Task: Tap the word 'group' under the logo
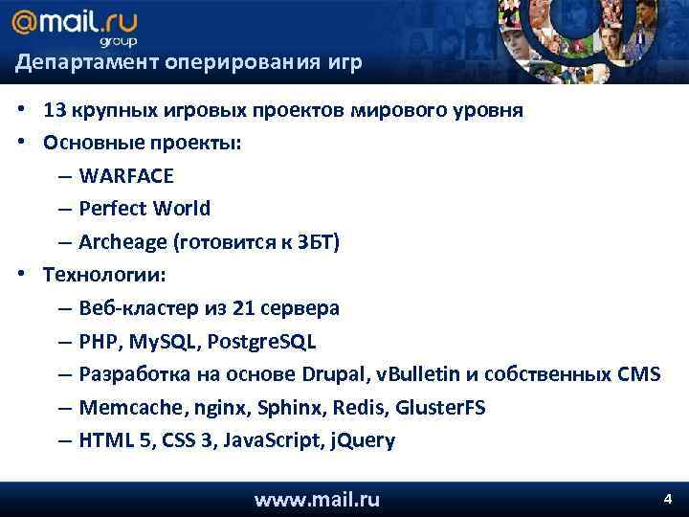coord(119,41)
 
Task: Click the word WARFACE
coord(126,176)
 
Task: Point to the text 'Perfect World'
coord(144,209)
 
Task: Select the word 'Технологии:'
coord(103,275)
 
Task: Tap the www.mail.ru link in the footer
coord(317,499)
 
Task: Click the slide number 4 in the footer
coord(668,499)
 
